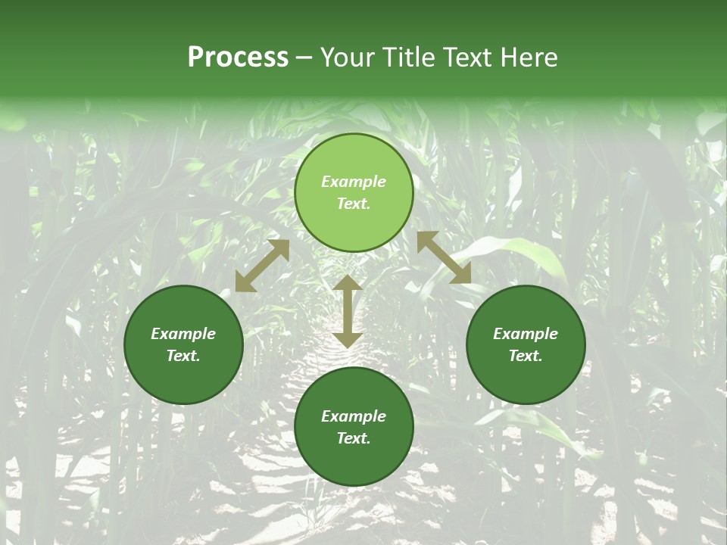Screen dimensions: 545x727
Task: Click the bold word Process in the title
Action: pyautogui.click(x=238, y=58)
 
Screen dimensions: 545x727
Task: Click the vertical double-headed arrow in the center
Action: pyautogui.click(x=348, y=311)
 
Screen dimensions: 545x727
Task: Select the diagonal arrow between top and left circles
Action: pyautogui.click(x=262, y=266)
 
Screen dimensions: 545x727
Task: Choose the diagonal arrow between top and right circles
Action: pyautogui.click(x=444, y=257)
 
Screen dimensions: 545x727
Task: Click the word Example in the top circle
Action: pyautogui.click(x=354, y=182)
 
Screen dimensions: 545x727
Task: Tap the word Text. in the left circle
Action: pyautogui.click(x=183, y=356)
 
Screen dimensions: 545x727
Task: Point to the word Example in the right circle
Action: pyautogui.click(x=526, y=334)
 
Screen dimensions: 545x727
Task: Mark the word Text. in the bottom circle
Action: pyautogui.click(x=354, y=438)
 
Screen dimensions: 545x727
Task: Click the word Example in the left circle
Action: pyautogui.click(x=183, y=334)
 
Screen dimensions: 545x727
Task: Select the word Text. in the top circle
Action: pyautogui.click(x=354, y=204)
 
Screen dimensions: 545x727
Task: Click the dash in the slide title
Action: pyautogui.click(x=304, y=58)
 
